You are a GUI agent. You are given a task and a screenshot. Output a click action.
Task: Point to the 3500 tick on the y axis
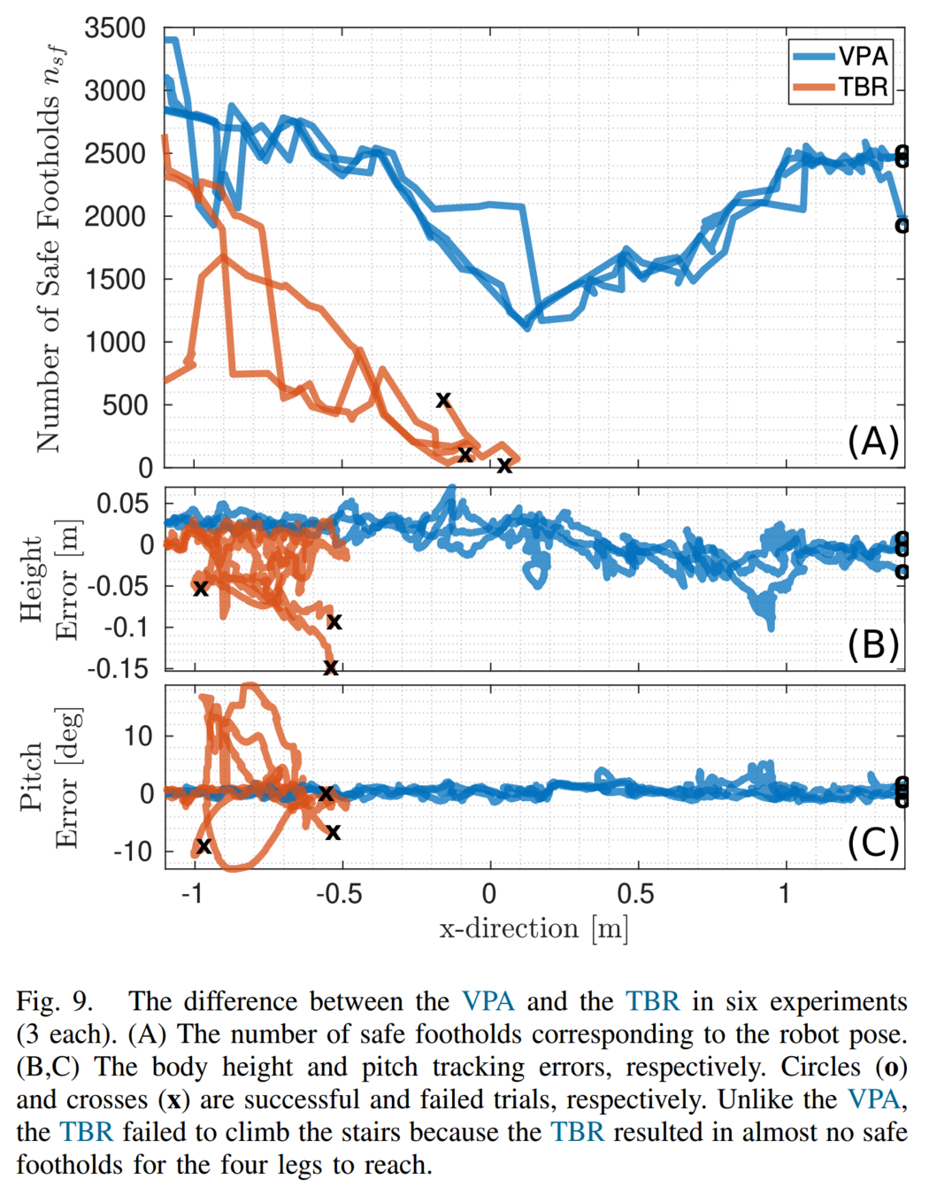(115, 28)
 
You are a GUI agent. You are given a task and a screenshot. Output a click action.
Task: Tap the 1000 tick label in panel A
(115, 342)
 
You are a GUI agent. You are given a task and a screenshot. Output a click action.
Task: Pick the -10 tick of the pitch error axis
(133, 852)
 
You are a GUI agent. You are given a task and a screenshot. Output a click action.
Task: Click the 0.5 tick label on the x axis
(635, 893)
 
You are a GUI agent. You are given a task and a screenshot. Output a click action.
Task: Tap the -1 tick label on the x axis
(192, 893)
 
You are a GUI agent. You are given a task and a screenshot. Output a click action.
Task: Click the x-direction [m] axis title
(534, 929)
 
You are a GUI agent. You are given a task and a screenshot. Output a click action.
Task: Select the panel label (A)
(872, 440)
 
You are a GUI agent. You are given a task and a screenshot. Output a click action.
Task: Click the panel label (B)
(872, 644)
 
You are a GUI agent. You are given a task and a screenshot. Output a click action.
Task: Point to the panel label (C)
(872, 842)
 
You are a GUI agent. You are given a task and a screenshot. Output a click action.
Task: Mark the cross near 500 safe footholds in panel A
(443, 400)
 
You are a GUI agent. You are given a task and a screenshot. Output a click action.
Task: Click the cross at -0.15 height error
(330, 667)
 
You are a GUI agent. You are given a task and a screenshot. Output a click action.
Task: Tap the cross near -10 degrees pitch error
(204, 846)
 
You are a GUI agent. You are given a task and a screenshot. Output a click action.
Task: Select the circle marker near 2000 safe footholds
(902, 226)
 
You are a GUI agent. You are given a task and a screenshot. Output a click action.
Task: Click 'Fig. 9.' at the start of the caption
(54, 1001)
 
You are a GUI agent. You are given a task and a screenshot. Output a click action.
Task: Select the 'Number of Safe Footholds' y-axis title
(49, 248)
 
